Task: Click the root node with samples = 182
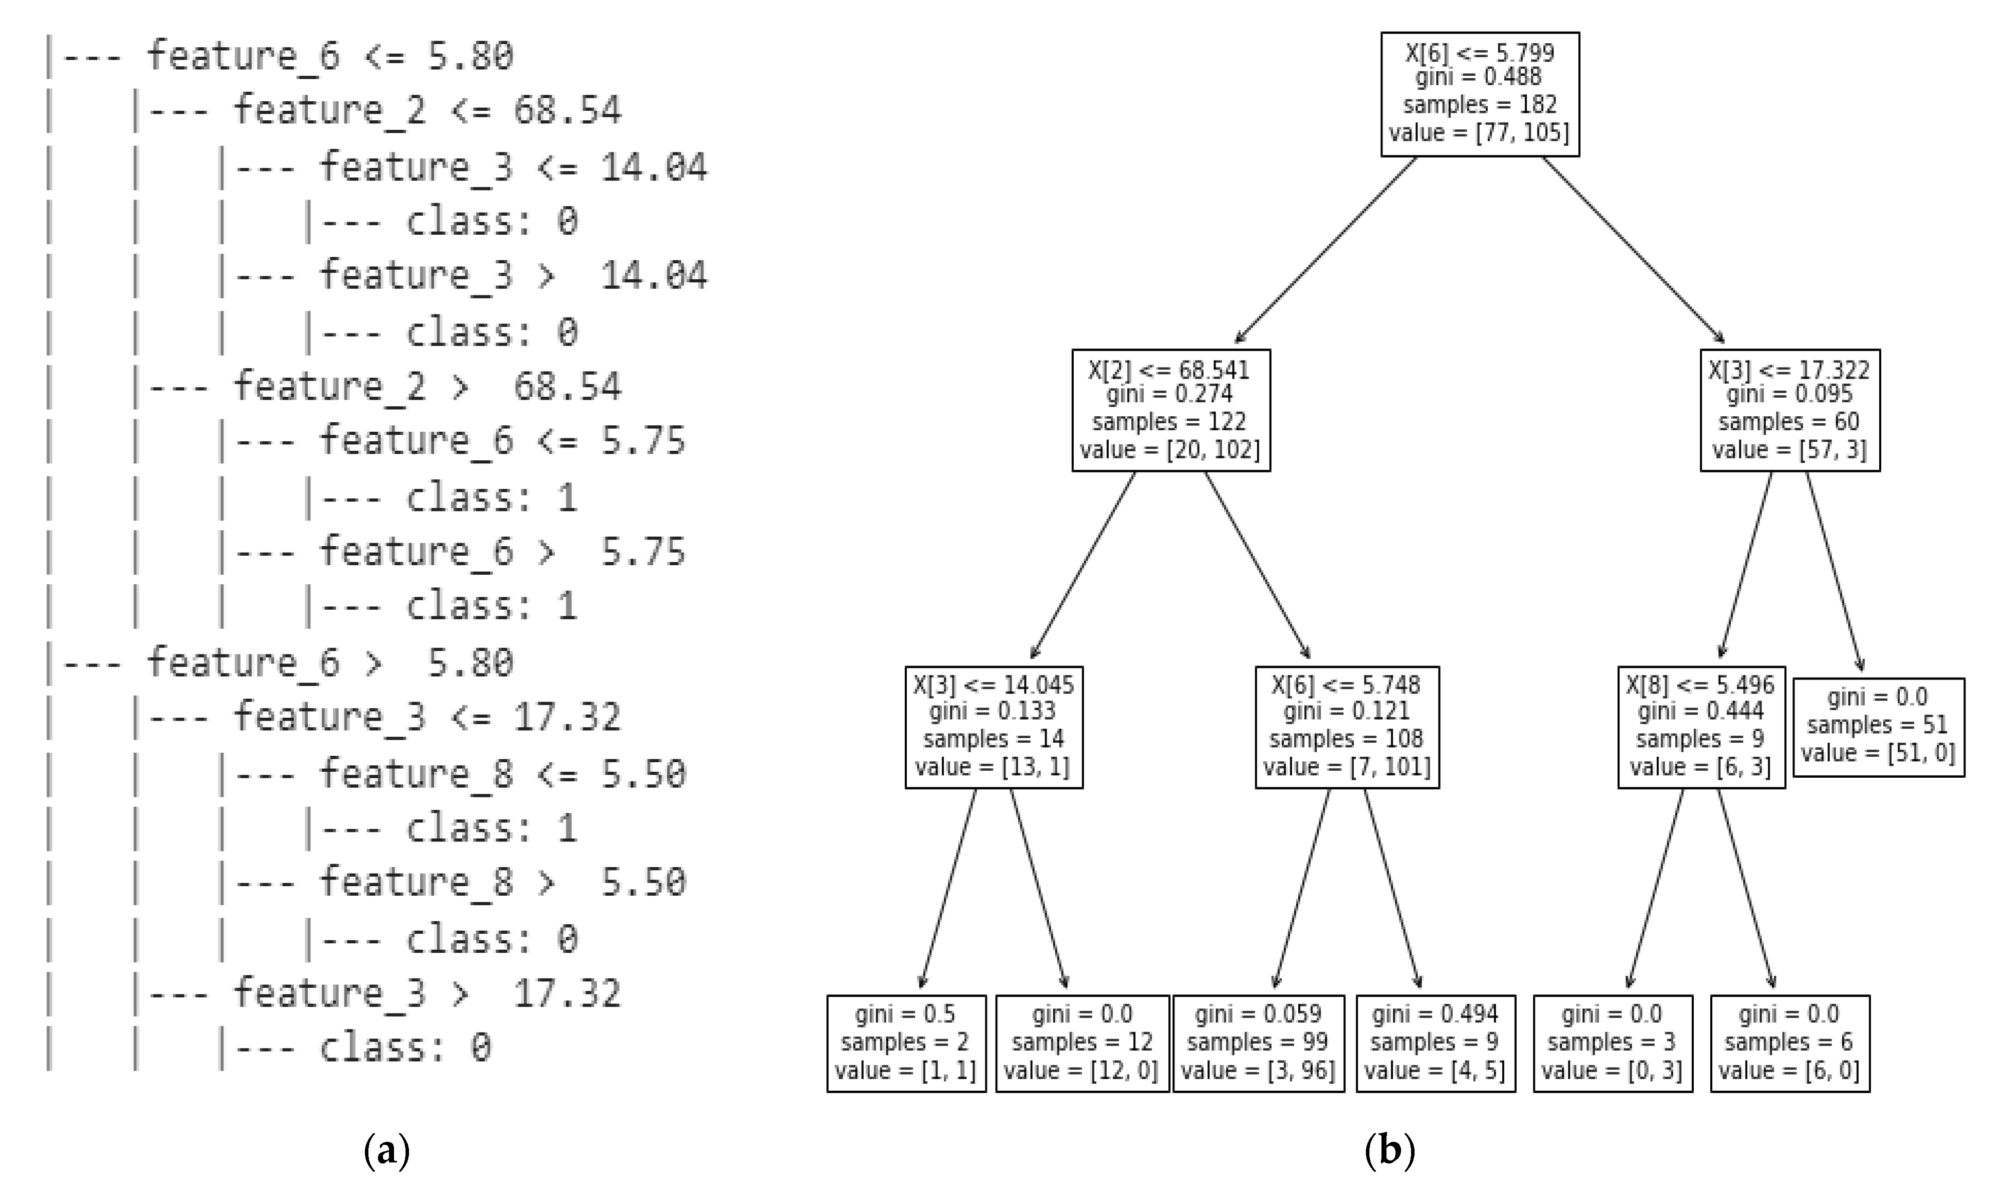coord(1479,94)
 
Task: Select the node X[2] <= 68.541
coord(1170,410)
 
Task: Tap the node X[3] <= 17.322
coord(1789,410)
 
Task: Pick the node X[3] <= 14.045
coord(993,727)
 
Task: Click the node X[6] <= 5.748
coord(1346,727)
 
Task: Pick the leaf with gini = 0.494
coord(1435,1043)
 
